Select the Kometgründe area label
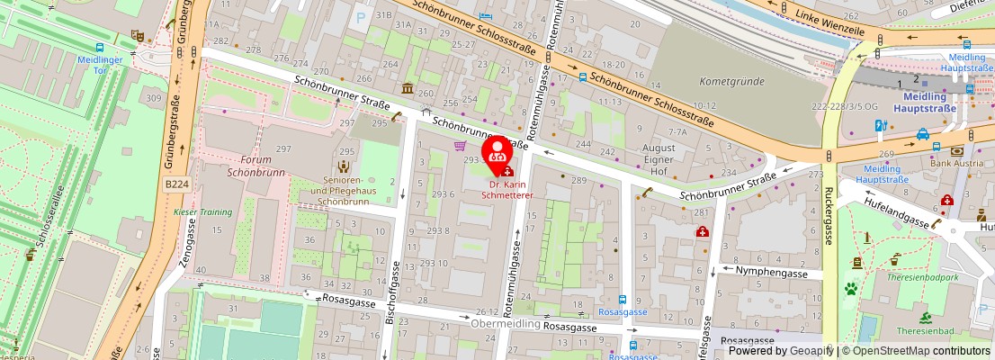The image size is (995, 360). point(725,81)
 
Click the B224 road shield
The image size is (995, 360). point(177,183)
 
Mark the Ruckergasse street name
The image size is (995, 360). point(827,216)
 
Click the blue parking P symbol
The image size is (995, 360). point(362,15)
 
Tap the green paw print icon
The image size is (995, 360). point(850,289)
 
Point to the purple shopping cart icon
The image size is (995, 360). point(461,146)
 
